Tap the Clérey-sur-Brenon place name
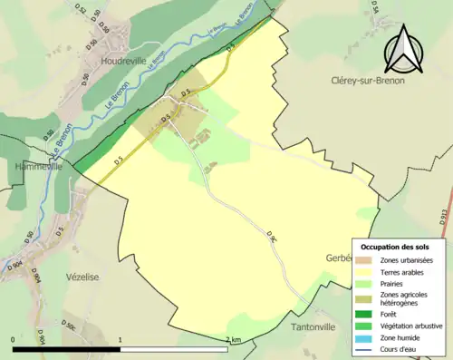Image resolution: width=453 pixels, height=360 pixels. (x=371, y=80)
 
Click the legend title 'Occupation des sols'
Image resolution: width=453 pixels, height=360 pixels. (x=395, y=247)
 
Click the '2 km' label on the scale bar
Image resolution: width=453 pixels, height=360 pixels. (x=234, y=340)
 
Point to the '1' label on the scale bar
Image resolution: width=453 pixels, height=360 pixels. (x=120, y=340)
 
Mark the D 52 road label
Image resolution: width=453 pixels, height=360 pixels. (x=75, y=12)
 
